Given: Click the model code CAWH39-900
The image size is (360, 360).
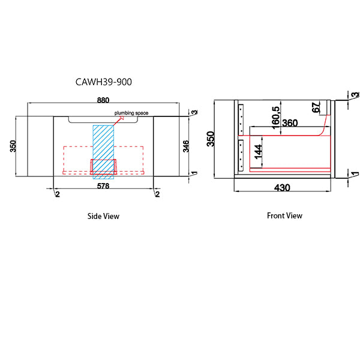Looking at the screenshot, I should pos(103,82).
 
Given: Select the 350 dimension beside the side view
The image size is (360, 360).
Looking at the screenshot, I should pos(14,146).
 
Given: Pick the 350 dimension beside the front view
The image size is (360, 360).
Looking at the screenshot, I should pos(210,138).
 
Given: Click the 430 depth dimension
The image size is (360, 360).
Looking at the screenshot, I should pos(282,187).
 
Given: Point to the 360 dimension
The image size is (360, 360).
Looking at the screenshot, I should pos(290,123).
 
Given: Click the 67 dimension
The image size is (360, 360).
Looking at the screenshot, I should pos(316,107).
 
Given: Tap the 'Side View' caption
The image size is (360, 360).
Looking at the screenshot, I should pos(103,216).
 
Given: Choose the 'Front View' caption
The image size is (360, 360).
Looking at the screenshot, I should pos(284,215).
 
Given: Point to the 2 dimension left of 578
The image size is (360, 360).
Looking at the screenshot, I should pos(57,194).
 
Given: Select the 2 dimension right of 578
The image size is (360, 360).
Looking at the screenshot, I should pos(157,194).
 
